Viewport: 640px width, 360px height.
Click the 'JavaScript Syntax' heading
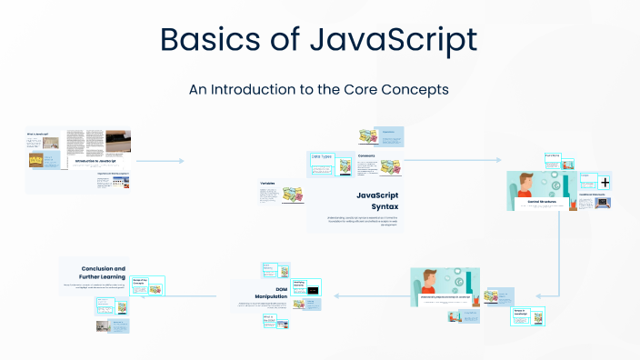click(376, 201)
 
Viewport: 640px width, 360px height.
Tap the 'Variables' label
click(268, 184)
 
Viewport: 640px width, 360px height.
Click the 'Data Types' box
click(323, 157)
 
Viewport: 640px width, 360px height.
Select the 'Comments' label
click(366, 155)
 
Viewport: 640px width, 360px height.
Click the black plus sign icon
click(605, 183)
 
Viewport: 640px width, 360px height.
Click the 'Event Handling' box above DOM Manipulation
click(269, 268)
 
